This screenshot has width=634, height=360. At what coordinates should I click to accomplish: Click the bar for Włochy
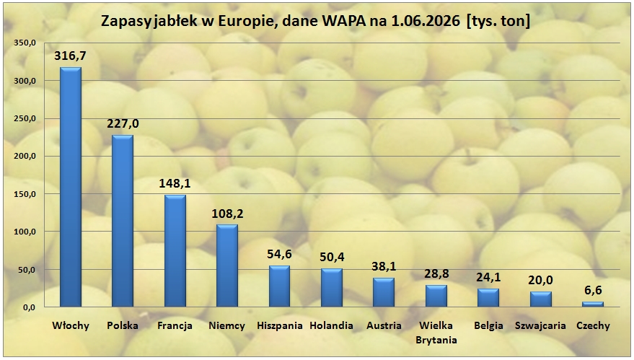click(71, 187)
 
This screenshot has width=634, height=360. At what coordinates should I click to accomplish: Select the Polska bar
click(123, 221)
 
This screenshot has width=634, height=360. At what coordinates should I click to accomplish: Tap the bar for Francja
click(175, 251)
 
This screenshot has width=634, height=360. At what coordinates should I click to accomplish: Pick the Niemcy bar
click(227, 265)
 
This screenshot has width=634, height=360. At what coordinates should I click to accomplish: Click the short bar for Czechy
click(593, 304)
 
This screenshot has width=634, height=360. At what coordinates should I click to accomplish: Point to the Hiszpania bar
click(279, 286)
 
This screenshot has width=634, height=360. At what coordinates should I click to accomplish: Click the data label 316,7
click(71, 56)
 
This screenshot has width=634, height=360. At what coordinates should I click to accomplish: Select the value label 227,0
click(123, 123)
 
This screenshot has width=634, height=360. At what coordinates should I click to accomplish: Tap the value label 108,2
click(227, 213)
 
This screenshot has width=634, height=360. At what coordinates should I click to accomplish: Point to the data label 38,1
click(384, 266)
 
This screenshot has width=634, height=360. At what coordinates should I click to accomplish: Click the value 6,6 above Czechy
click(593, 290)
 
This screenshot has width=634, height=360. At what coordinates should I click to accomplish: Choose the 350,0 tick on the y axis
click(25, 43)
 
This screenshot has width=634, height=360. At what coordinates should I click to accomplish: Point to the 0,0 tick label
click(29, 307)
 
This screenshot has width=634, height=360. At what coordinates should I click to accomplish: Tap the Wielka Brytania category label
click(436, 333)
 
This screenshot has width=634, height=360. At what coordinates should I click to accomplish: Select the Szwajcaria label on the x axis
click(541, 325)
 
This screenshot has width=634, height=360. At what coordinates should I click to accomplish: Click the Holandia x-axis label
click(332, 325)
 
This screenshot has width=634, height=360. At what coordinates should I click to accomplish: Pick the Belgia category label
click(489, 326)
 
